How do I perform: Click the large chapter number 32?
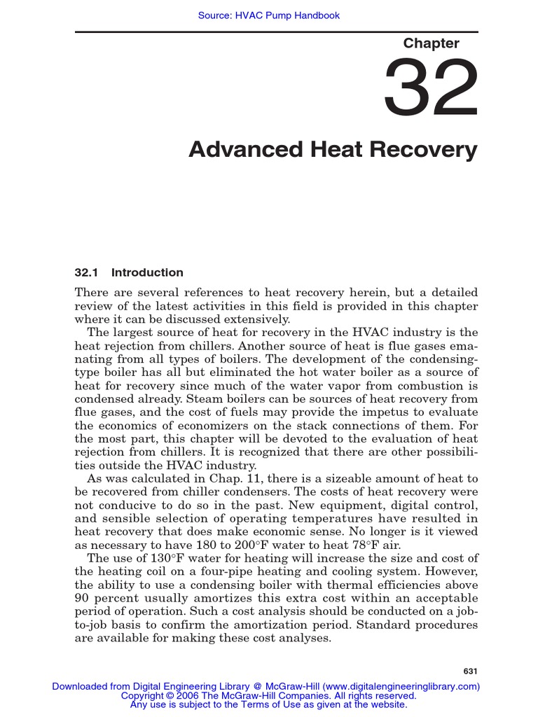coord(431,88)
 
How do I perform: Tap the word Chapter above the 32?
coord(431,43)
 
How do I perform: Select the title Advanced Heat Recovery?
coord(333,150)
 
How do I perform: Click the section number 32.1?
coord(87,272)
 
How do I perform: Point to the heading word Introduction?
coord(147,272)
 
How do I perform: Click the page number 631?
coord(471,671)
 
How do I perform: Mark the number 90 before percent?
coord(82,598)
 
